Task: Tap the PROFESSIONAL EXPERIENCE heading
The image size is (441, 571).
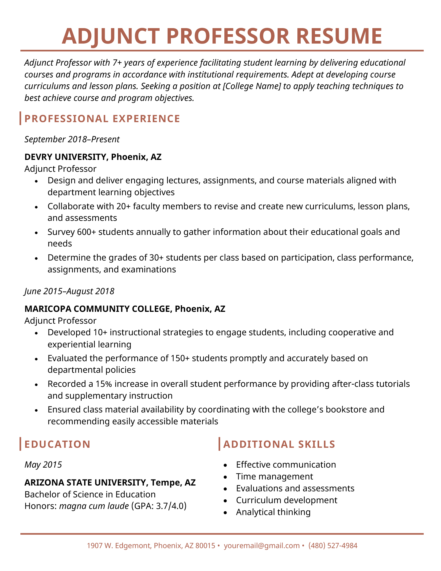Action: click(102, 119)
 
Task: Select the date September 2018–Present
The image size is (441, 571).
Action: click(72, 139)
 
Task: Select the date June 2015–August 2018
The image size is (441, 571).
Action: click(69, 291)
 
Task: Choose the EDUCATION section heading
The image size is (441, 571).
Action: click(57, 444)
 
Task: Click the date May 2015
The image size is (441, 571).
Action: click(43, 465)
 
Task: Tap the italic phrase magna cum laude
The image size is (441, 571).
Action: click(94, 506)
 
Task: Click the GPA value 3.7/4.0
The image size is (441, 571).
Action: click(170, 506)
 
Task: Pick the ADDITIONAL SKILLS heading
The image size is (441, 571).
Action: click(279, 444)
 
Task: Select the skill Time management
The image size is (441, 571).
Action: click(275, 476)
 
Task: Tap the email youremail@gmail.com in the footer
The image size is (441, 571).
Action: click(262, 545)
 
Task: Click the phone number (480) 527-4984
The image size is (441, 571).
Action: click(333, 545)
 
